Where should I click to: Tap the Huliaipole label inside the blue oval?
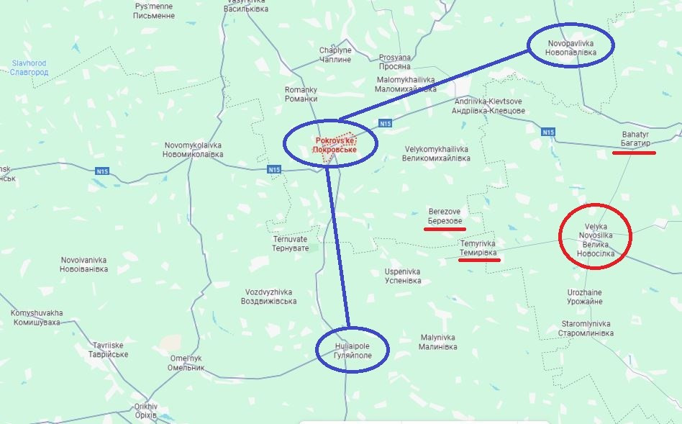point(352,351)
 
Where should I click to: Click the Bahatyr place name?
point(635,139)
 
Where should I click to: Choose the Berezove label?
point(444,215)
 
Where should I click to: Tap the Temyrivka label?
point(478,248)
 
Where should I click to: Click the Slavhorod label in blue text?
point(29,68)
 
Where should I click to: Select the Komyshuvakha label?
point(37,317)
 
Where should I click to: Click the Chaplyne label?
point(335,55)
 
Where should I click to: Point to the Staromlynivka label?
point(586,329)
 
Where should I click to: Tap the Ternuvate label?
point(291,243)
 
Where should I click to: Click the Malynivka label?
point(438,342)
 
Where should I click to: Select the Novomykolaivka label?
point(193,150)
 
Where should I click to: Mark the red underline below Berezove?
point(444,230)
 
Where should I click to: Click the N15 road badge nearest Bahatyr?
point(548,132)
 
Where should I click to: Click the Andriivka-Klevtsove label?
point(488,106)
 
